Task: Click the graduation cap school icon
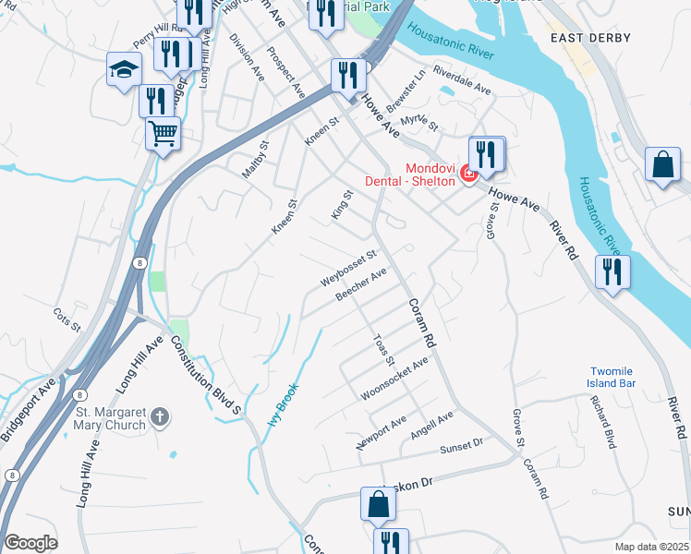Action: click(x=124, y=69)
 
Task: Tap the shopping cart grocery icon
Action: click(x=163, y=133)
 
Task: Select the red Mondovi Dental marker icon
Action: click(x=468, y=173)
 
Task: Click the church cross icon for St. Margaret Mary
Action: click(x=161, y=416)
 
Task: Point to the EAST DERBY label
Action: click(x=589, y=38)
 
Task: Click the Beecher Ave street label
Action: click(x=360, y=284)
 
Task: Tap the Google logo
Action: click(x=30, y=543)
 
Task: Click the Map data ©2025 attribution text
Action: click(x=650, y=547)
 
